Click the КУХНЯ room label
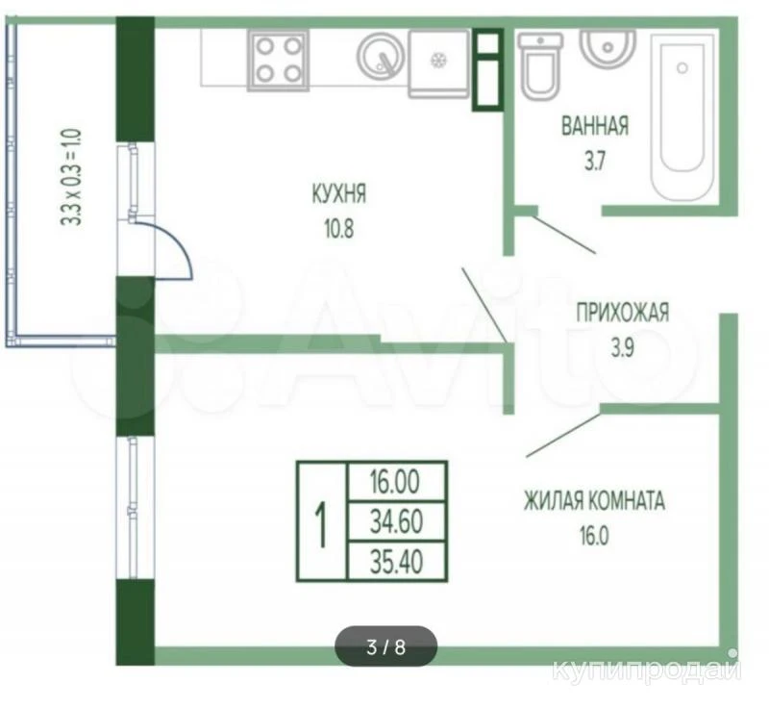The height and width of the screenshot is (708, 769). tap(339, 193)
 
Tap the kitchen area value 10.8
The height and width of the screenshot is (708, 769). tap(338, 229)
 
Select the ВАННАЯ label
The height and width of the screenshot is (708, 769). tap(595, 126)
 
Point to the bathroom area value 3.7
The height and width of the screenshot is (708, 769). tap(594, 161)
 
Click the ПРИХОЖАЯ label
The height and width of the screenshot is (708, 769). tap(622, 313)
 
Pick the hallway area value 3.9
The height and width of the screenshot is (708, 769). tap(622, 348)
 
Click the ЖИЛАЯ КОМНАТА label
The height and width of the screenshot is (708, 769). tap(594, 501)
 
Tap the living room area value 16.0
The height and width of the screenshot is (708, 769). tap(594, 536)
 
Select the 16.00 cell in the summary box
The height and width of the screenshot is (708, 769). tap(395, 481)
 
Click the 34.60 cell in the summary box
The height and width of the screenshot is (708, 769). tap(396, 521)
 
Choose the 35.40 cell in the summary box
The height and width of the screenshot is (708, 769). tap(396, 561)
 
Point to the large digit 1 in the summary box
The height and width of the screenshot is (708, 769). tap(321, 524)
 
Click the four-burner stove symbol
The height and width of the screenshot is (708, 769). tap(279, 61)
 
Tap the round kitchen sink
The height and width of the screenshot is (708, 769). tap(382, 56)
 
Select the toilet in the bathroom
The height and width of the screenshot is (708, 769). tap(540, 66)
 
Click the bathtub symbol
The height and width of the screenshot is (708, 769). tap(682, 117)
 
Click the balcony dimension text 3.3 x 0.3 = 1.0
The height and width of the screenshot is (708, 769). tap(71, 177)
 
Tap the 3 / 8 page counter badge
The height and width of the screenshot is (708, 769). tap(385, 646)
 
